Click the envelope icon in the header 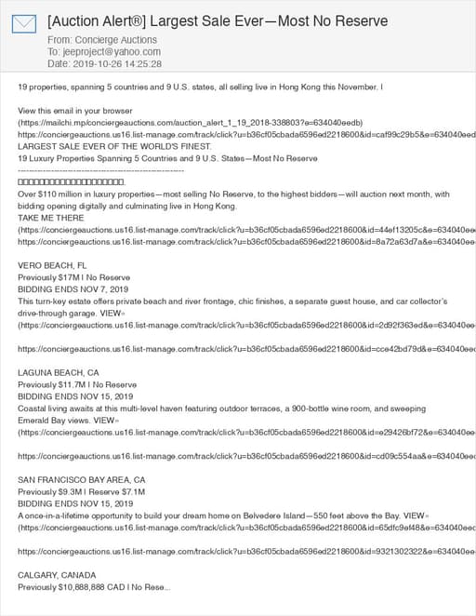tap(23, 24)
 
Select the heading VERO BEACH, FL tap(52, 265)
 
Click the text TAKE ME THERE tap(50, 217)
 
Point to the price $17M tap(69, 277)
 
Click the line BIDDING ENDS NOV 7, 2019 tap(73, 289)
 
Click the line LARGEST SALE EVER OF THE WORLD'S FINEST tap(108, 146)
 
